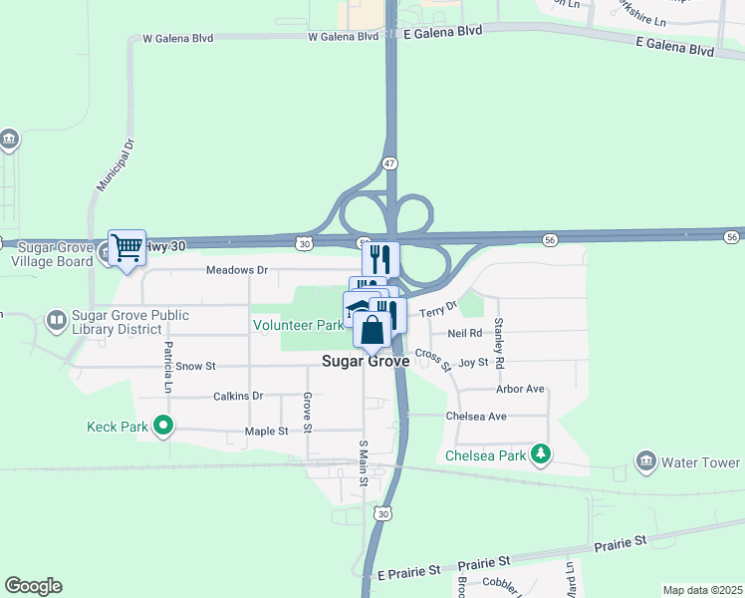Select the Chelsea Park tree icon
(x=541, y=455)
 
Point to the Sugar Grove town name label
(x=366, y=362)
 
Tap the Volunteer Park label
(x=298, y=325)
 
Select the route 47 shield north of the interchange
(x=390, y=162)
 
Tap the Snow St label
(x=195, y=367)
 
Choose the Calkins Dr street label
(x=237, y=396)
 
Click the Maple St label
(x=266, y=432)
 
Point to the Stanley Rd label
(x=499, y=342)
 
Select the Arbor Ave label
(x=521, y=389)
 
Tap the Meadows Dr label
(x=236, y=270)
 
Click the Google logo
(x=33, y=586)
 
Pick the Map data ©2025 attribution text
(x=701, y=590)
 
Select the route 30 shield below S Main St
(x=383, y=513)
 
